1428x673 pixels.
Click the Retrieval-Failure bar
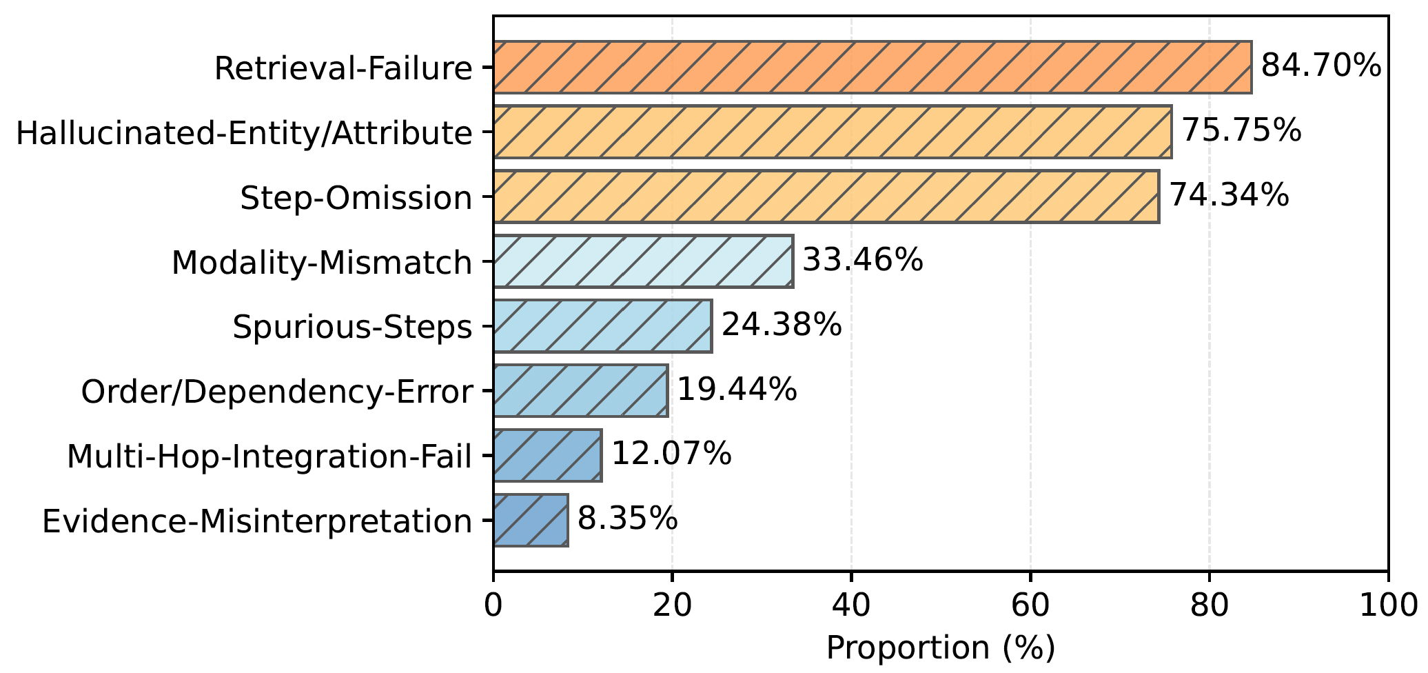coord(872,67)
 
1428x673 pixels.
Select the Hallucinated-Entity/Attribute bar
coord(832,132)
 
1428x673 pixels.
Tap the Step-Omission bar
coord(826,197)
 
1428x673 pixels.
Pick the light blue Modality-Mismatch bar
coord(643,261)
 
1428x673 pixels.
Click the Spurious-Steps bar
coord(602,326)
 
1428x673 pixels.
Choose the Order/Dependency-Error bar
coord(580,391)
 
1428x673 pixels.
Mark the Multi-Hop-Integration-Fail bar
coord(547,455)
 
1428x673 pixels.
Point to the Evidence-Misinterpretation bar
coord(531,520)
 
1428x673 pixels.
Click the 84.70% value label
coord(1320,67)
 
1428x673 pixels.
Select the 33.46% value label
coord(863,261)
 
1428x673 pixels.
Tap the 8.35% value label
coord(627,519)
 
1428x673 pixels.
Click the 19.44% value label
coord(737,390)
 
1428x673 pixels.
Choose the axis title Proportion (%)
coord(940,648)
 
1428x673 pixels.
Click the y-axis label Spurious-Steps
coord(352,327)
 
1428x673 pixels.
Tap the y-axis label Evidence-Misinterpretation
coord(257,521)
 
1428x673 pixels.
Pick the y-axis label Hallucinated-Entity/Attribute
coord(244,133)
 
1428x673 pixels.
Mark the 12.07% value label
coord(671,454)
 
